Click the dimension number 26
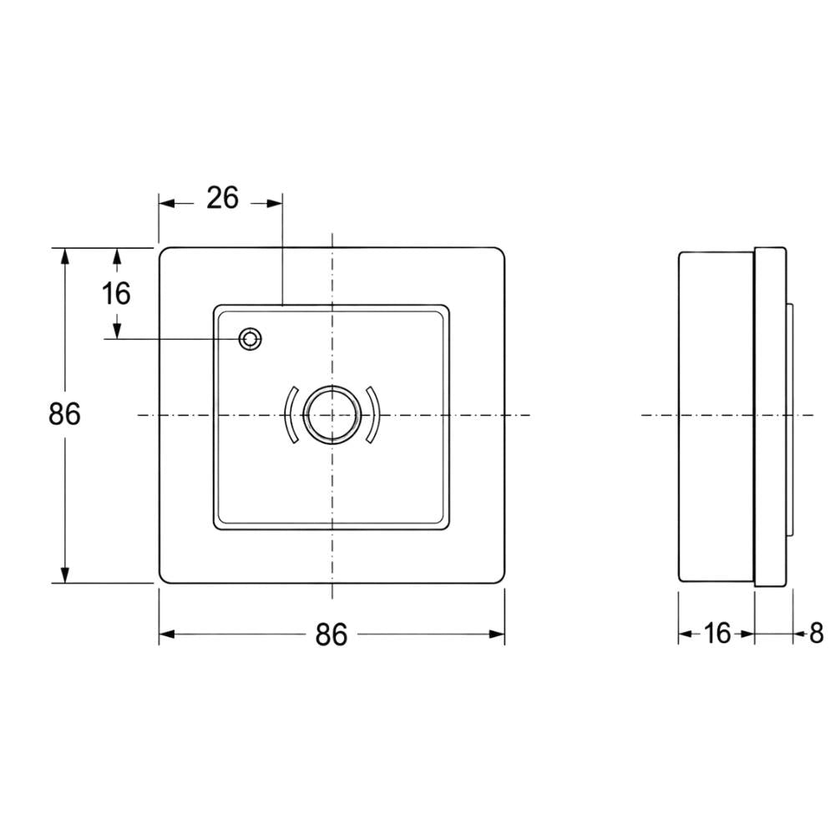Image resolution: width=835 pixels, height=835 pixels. coord(223,198)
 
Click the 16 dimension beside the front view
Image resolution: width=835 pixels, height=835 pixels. coord(116,293)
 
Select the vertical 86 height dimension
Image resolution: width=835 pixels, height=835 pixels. coord(64,414)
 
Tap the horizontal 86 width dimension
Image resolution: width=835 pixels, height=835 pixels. coord(331,635)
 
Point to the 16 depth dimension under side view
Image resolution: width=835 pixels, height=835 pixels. coord(717,634)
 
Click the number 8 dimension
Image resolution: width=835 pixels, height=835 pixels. coord(817,634)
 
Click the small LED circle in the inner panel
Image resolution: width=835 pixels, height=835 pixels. coord(250,339)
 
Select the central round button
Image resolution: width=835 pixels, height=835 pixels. coord(331,414)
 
